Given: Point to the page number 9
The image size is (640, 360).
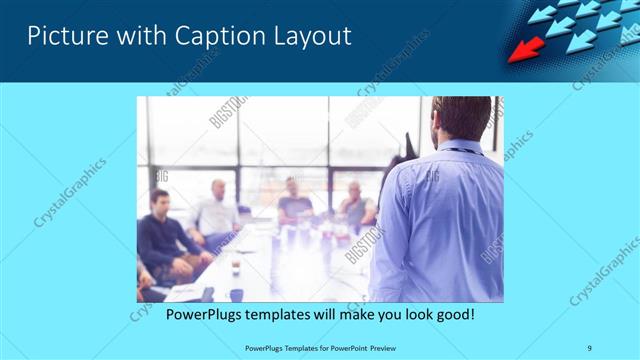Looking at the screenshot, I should pos(590,348).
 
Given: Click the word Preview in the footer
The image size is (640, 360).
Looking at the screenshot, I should pos(376,348).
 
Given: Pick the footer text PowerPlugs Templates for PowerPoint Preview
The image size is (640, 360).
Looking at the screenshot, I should pos(319,348).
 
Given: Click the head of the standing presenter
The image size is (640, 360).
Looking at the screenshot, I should pos(462,118).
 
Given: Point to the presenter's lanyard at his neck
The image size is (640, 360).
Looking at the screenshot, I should pos(460,151).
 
